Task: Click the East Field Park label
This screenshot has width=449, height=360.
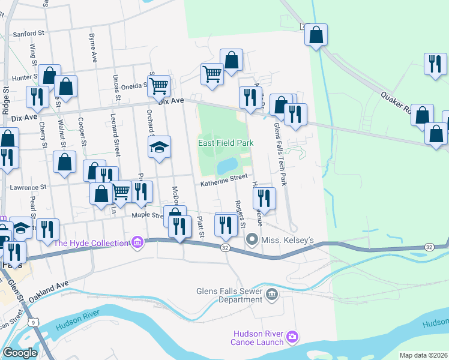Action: (x=226, y=143)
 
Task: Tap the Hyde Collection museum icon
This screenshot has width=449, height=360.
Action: (x=137, y=243)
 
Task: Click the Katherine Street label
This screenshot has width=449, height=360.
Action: (x=224, y=178)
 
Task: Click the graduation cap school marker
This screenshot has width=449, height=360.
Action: (x=159, y=147)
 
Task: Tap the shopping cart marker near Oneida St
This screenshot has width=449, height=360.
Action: (x=158, y=85)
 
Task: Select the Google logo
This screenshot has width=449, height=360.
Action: (x=20, y=353)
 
